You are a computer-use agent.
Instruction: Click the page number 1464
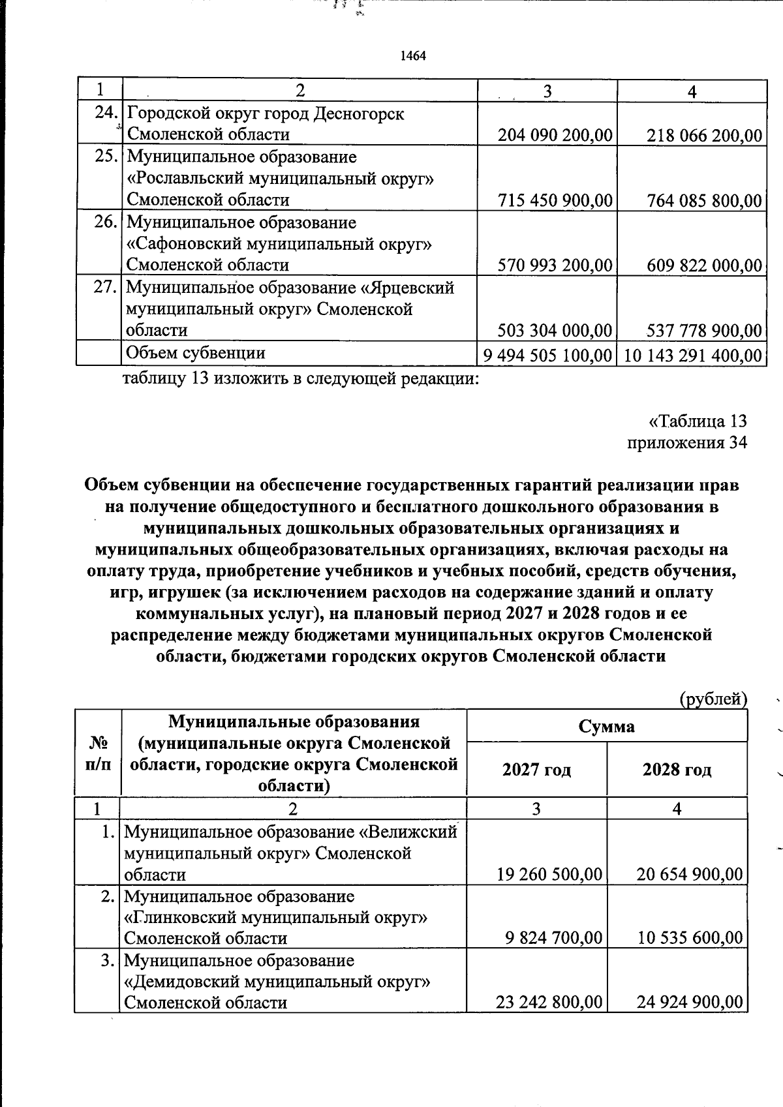[412, 56]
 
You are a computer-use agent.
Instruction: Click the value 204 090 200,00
[555, 135]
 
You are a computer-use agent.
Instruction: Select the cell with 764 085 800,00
[704, 200]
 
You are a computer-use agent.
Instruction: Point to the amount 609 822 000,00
[704, 265]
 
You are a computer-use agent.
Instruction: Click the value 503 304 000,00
[555, 331]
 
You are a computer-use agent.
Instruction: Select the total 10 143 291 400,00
[692, 356]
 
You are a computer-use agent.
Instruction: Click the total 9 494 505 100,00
[547, 356]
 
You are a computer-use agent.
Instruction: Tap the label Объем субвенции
[195, 353]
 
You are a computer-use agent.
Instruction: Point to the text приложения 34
[686, 442]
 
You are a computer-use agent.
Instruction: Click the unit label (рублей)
[713, 699]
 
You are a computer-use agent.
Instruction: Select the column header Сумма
[606, 726]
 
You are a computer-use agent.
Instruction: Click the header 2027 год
[536, 770]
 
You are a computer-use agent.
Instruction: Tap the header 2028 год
[677, 770]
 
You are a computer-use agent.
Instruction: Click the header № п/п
[98, 753]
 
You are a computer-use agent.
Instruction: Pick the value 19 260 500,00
[549, 874]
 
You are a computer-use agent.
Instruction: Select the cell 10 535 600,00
[690, 938]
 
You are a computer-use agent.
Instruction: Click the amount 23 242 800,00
[549, 1002]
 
